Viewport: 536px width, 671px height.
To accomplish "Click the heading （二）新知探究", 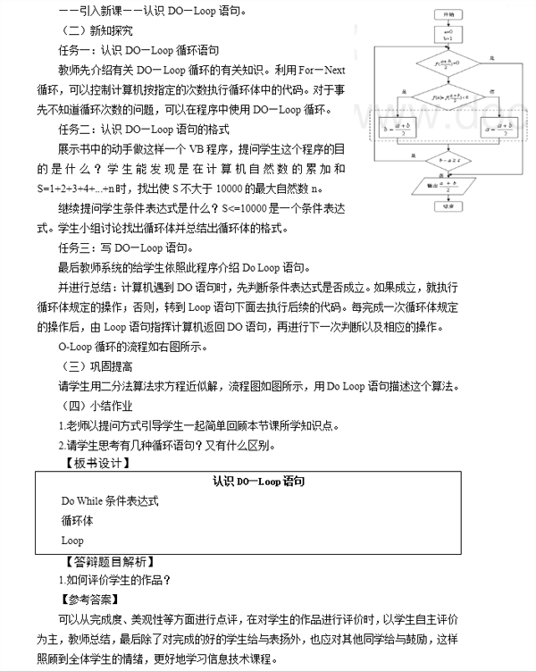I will tap(90, 29).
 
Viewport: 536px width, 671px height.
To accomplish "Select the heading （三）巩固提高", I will tap(90, 367).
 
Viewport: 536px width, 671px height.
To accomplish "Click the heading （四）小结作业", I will tap(90, 407).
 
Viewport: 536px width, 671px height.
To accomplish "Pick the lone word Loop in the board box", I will tap(72, 541).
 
